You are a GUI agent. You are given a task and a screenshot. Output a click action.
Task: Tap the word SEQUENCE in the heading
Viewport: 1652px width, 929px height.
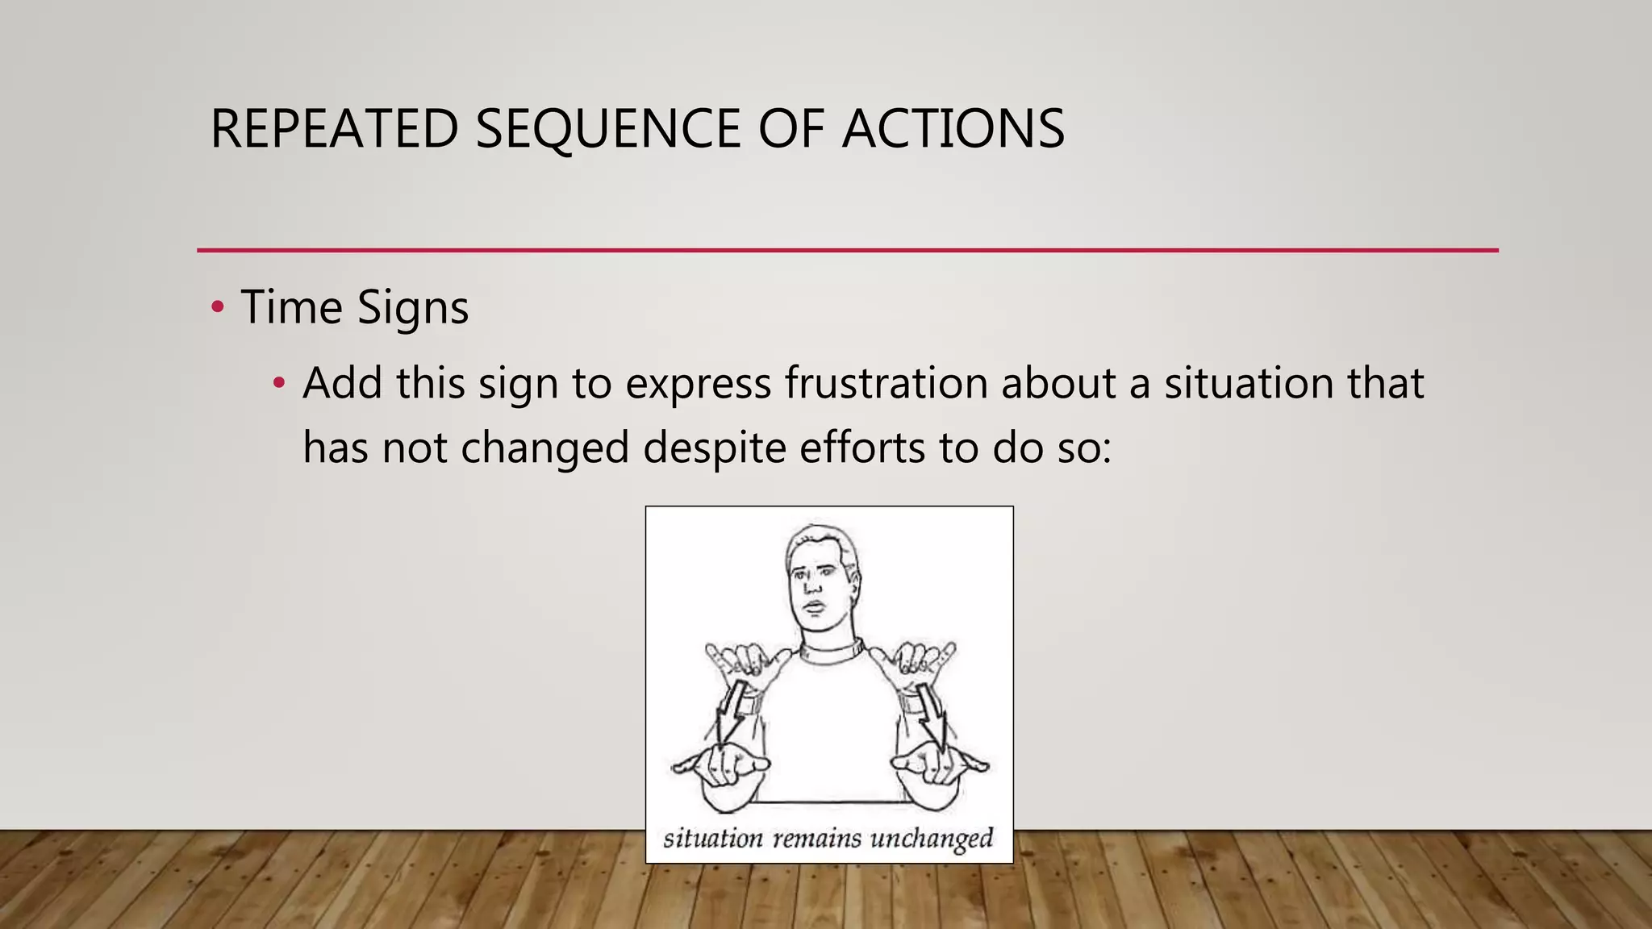click(x=607, y=129)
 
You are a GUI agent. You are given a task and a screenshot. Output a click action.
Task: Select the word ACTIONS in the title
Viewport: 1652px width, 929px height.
click(x=953, y=129)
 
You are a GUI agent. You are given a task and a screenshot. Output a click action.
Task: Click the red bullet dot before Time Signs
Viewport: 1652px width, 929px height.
click(x=217, y=307)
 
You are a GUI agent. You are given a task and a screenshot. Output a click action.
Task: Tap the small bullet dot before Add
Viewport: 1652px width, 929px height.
click(x=279, y=383)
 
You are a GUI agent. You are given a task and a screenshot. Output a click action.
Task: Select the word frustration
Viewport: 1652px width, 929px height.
click(x=886, y=383)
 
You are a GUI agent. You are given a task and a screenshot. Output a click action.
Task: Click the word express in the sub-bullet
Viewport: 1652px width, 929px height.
click(x=698, y=385)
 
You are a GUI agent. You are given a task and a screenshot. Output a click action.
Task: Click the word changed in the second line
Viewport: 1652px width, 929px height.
click(x=544, y=448)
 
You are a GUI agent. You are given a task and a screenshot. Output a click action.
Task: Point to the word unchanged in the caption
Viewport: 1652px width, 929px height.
click(x=932, y=839)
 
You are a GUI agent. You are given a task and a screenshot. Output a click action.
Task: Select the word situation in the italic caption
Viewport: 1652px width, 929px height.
click(x=712, y=839)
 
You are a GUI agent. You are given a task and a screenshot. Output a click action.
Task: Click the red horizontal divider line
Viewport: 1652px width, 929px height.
click(x=847, y=250)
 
